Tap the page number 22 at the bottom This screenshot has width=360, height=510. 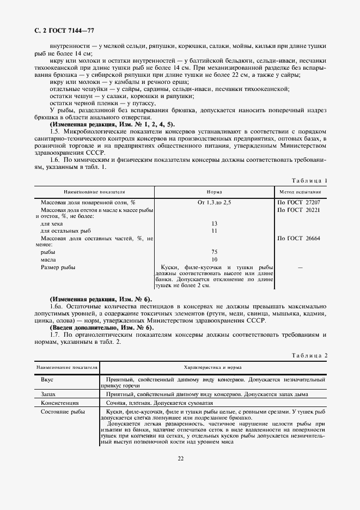tap(180, 458)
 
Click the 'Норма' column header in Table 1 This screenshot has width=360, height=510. tap(214, 192)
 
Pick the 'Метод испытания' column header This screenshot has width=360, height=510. tap(300, 192)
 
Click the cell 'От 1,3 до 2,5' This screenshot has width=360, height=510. tap(214, 202)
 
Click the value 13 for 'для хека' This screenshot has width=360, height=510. tap(214, 223)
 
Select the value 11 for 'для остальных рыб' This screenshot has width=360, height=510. tap(214, 230)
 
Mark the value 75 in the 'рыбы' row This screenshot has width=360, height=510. tap(214, 252)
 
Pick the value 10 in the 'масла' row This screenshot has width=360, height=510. tap(214, 259)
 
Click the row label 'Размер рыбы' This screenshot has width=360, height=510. tap(58, 267)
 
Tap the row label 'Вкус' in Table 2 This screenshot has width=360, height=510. tap(47, 379)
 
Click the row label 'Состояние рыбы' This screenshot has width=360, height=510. tap(63, 411)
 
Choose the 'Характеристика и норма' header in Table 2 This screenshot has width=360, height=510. tap(213, 368)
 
